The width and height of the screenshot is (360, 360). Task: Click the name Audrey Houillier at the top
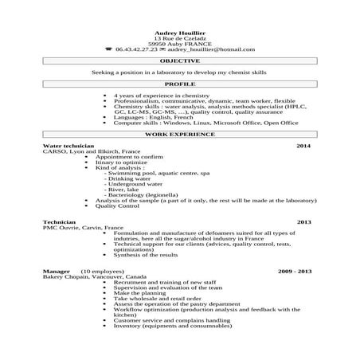179,32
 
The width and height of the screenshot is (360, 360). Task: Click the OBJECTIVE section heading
179,61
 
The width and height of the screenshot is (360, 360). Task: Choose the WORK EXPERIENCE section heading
179,135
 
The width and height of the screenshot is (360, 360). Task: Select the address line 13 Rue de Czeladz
179,37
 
